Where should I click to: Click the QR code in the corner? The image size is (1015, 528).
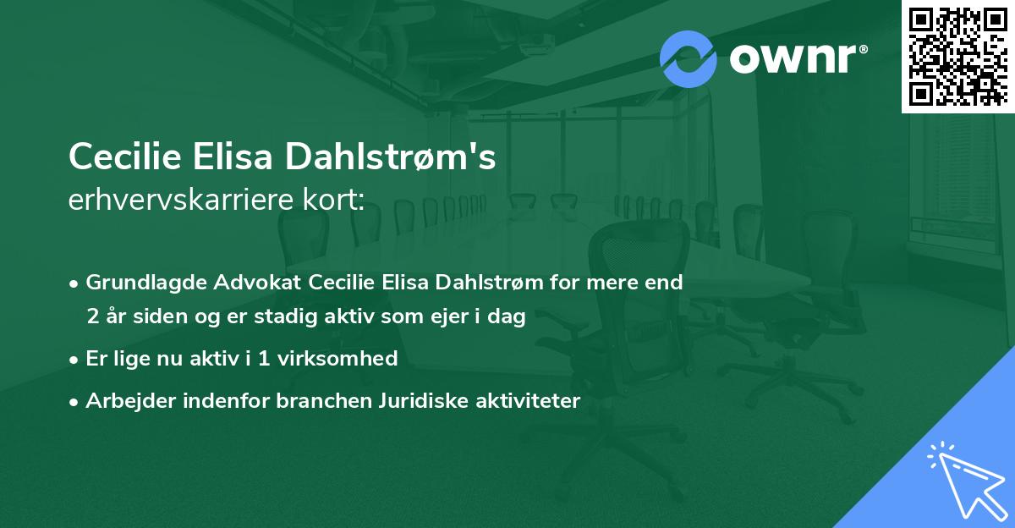[x=957, y=56]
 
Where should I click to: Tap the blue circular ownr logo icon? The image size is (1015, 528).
[x=689, y=58]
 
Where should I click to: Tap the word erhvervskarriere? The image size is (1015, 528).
[x=170, y=200]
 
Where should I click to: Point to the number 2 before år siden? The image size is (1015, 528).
[x=92, y=317]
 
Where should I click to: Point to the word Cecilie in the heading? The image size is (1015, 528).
[x=121, y=157]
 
